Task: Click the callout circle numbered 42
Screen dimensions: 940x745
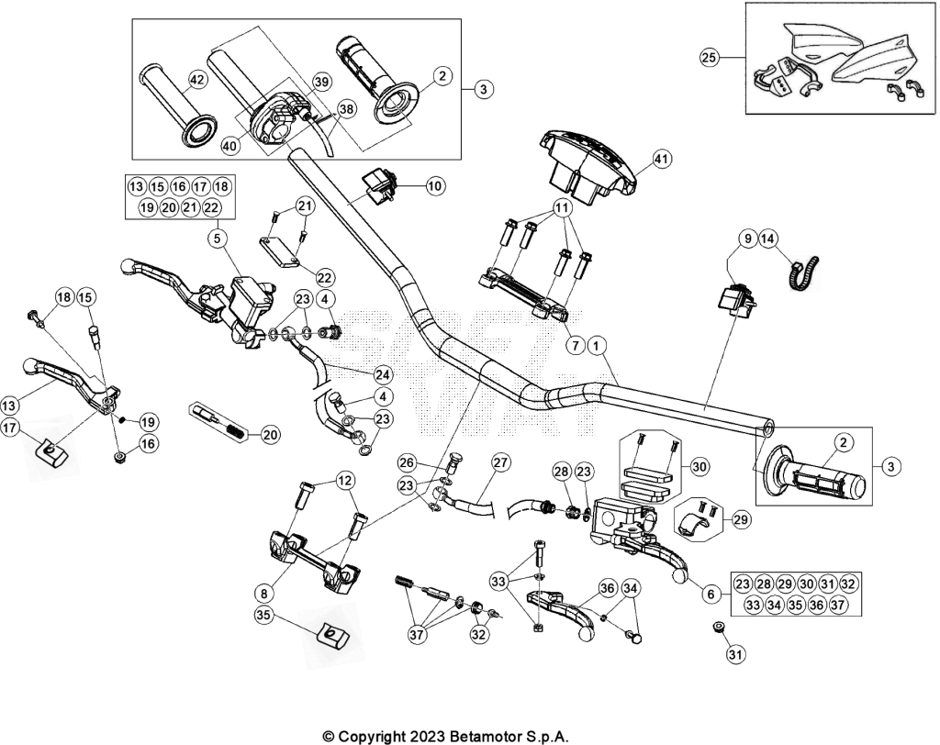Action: click(x=197, y=80)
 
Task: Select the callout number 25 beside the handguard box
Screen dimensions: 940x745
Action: click(x=710, y=58)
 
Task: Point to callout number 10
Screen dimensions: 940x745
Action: click(x=435, y=186)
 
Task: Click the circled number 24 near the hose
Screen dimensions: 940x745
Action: click(x=383, y=375)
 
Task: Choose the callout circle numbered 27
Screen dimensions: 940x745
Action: click(x=500, y=462)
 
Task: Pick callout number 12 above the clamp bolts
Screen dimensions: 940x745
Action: click(x=345, y=481)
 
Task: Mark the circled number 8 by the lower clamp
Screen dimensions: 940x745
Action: click(x=264, y=594)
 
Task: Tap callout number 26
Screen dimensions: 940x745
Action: click(x=407, y=462)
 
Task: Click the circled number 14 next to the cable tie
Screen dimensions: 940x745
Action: click(x=768, y=239)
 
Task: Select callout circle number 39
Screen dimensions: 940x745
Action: click(x=322, y=82)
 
